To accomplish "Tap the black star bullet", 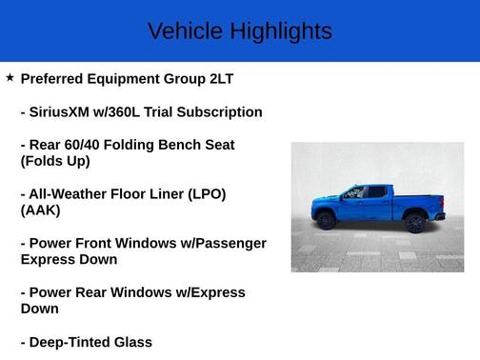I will point(10,77).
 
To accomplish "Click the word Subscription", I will point(218,112).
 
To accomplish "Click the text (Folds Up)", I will point(55,161).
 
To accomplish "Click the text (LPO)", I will point(202,194).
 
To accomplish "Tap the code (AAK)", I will point(40,210).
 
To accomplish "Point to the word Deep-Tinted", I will point(73,342).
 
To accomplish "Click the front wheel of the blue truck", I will point(326,220).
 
